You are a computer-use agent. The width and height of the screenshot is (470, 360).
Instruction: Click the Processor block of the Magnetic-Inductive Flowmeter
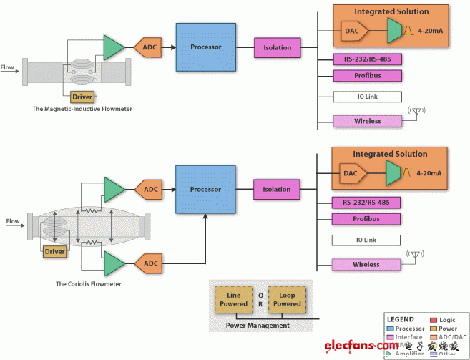click(x=206, y=47)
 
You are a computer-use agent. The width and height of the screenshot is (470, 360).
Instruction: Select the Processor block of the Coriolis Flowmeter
click(x=206, y=190)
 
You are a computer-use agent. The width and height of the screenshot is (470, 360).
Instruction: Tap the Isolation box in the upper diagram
click(x=277, y=48)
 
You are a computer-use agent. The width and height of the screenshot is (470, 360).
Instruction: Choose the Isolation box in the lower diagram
click(x=277, y=190)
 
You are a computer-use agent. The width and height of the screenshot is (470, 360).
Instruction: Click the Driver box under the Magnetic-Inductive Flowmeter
click(x=83, y=96)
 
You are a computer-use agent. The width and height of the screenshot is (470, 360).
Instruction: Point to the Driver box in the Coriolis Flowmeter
click(x=55, y=252)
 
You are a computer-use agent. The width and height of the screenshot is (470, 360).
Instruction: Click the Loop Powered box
click(x=287, y=298)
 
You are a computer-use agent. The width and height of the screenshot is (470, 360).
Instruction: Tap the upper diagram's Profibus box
click(x=367, y=75)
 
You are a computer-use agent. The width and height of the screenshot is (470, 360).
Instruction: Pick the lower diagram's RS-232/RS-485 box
click(x=366, y=202)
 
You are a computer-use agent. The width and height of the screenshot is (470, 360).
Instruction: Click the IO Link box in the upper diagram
click(x=366, y=97)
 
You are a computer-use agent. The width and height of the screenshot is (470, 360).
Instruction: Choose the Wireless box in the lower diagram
click(x=366, y=265)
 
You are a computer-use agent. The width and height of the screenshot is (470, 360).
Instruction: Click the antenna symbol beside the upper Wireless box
click(x=416, y=112)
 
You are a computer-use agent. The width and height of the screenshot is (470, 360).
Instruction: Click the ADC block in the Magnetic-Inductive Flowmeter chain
click(x=150, y=48)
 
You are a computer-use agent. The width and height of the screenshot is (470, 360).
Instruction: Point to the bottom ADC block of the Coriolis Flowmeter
click(x=150, y=263)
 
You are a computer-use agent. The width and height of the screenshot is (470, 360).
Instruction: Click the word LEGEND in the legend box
click(x=401, y=319)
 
